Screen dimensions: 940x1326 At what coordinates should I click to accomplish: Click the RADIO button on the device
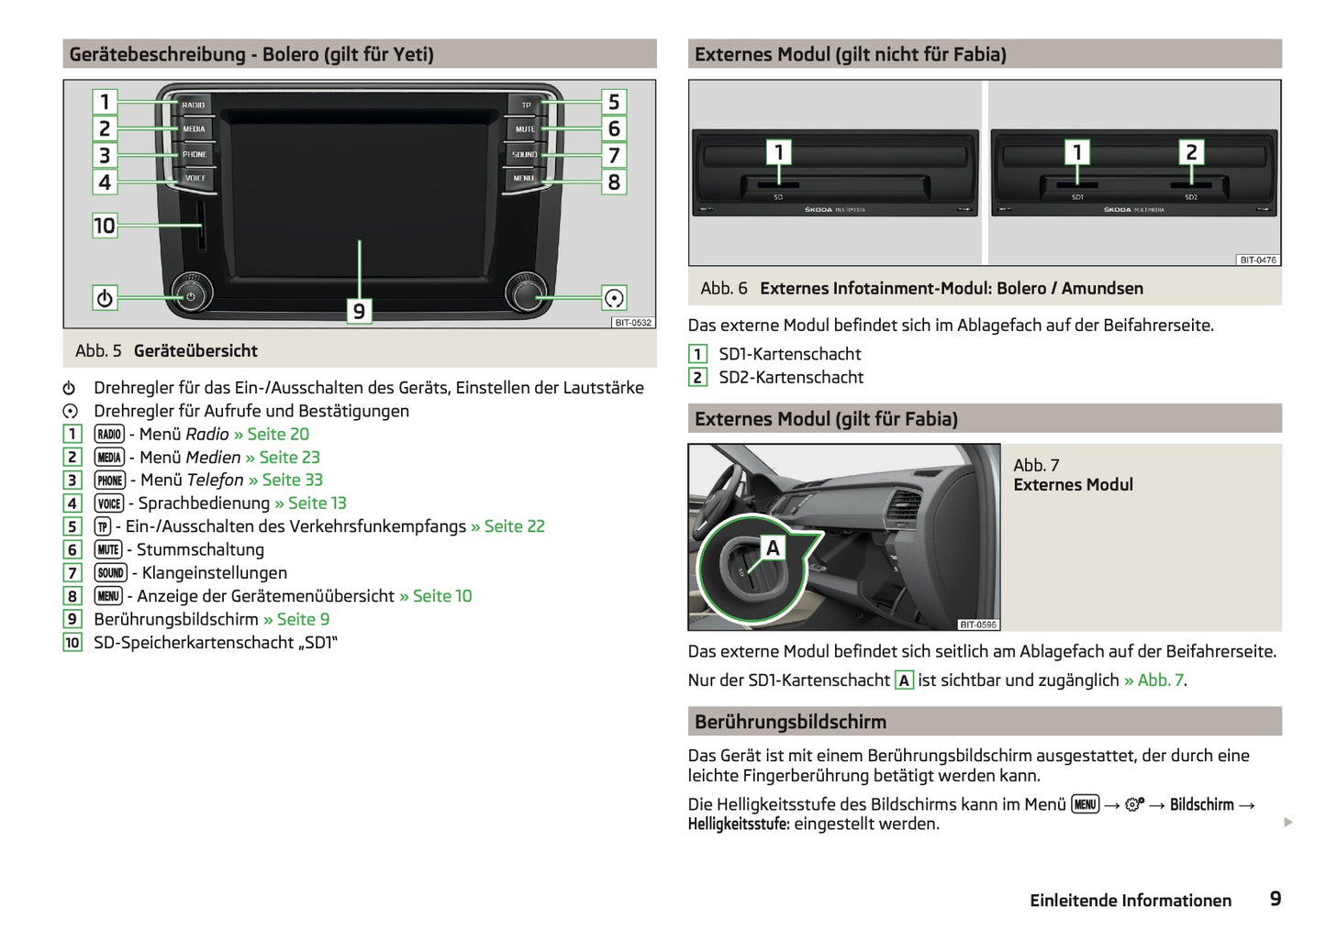(194, 105)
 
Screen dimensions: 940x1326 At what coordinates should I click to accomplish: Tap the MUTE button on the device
(525, 129)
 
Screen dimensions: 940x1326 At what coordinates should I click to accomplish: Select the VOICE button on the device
(195, 178)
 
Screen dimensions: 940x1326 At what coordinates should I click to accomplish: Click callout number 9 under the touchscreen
(359, 312)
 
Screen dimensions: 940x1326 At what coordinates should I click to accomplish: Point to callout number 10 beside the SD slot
(105, 226)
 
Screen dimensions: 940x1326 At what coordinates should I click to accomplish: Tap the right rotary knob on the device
(526, 293)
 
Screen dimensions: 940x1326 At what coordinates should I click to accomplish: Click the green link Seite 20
(278, 435)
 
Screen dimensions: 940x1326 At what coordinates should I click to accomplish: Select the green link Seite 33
(292, 481)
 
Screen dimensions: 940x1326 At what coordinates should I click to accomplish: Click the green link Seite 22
(514, 526)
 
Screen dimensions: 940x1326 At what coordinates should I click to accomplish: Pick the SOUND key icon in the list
(110, 573)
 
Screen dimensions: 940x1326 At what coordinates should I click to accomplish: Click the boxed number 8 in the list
(72, 596)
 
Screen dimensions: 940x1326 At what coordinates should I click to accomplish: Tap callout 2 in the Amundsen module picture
(1191, 152)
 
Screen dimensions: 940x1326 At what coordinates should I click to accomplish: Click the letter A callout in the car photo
(773, 548)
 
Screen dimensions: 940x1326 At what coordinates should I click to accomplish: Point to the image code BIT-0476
(1257, 260)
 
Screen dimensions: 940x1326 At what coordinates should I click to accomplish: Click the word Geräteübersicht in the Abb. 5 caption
(195, 351)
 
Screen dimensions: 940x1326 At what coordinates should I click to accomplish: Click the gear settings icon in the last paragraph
(1134, 805)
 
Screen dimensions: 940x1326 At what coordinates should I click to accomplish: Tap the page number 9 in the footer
(1275, 900)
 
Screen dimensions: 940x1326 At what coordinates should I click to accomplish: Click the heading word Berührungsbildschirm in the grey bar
(790, 723)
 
